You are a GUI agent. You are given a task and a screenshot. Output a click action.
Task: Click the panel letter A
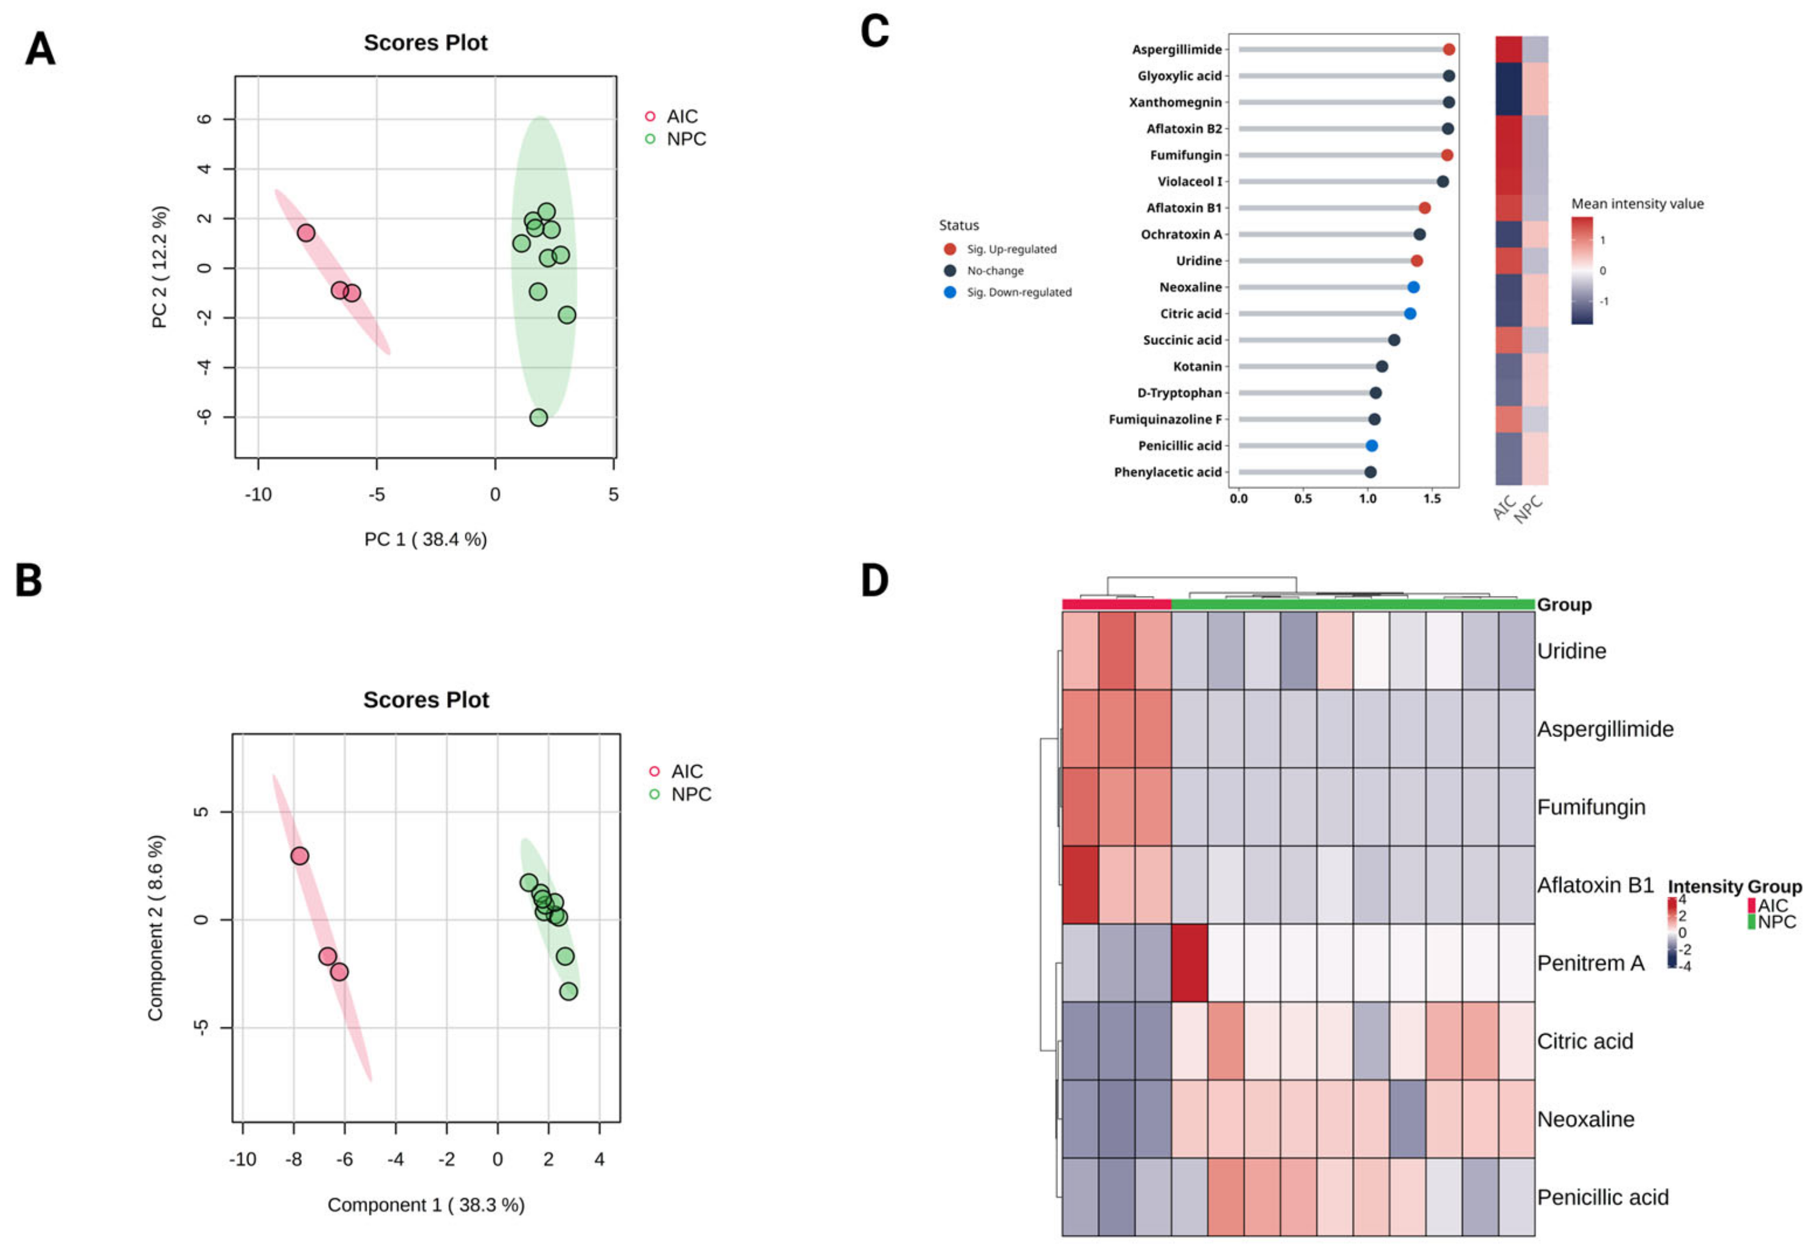[x=40, y=49]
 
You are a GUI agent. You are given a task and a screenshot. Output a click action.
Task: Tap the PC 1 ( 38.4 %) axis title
[x=425, y=539]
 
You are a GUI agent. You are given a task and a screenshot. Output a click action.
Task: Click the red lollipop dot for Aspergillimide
[x=1449, y=50]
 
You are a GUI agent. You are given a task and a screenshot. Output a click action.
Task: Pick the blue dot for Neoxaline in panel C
[x=1413, y=287]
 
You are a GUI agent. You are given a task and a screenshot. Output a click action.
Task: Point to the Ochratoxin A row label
[x=1181, y=234]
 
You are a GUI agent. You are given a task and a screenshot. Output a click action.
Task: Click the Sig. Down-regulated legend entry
[x=1018, y=292]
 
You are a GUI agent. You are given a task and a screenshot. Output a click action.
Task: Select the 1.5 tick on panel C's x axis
[x=1432, y=498]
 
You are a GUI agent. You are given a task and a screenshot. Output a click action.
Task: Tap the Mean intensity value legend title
[x=1636, y=204]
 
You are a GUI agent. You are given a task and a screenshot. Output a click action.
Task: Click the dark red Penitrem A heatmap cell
[x=1189, y=963]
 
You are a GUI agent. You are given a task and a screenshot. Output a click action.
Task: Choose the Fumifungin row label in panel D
[x=1591, y=807]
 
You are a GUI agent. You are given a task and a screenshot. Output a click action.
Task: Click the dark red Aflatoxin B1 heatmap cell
[x=1080, y=884]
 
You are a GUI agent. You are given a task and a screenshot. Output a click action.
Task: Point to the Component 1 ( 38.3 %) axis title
[x=426, y=1205]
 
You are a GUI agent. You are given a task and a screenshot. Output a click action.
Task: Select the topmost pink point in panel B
[x=300, y=855]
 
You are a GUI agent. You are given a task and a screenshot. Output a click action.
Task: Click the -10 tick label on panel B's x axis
[x=242, y=1159]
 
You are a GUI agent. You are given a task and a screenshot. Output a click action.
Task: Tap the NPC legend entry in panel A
[x=685, y=139]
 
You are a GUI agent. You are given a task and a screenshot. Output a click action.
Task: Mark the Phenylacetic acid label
[x=1167, y=472]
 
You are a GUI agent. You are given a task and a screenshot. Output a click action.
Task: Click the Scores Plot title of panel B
[x=426, y=700]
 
